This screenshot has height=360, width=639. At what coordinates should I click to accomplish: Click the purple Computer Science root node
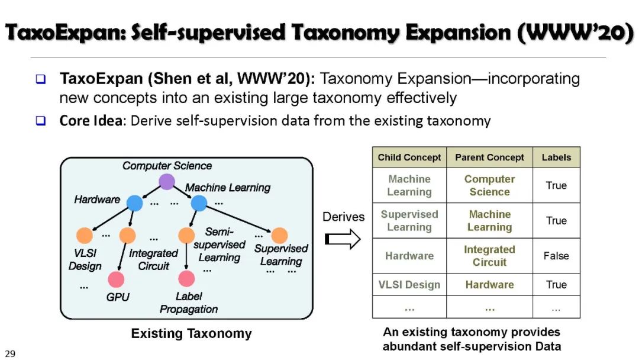(x=167, y=182)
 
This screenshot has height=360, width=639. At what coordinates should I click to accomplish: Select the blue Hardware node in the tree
(x=135, y=203)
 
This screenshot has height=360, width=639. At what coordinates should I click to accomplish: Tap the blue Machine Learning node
(x=199, y=203)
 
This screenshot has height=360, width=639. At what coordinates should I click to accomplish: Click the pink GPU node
(x=116, y=279)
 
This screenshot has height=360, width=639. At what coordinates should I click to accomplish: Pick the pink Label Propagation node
(x=186, y=278)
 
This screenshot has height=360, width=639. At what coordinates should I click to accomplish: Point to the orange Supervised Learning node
(x=279, y=235)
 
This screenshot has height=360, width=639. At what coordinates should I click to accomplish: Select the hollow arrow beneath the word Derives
(x=343, y=240)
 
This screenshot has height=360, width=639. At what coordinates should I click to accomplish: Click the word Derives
(x=343, y=217)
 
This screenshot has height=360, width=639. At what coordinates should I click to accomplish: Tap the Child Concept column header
(x=409, y=157)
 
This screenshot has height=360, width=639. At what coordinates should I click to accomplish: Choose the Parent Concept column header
(x=489, y=157)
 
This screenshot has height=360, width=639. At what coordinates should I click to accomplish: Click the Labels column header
(x=556, y=157)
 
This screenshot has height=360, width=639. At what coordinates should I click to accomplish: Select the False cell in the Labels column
(x=556, y=256)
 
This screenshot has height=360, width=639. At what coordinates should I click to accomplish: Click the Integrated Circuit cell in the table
(x=489, y=256)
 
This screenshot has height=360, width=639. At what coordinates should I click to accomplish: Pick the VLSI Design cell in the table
(x=409, y=285)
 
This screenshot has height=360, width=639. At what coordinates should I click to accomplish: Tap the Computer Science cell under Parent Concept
(x=489, y=185)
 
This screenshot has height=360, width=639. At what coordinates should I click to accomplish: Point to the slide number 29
(x=10, y=353)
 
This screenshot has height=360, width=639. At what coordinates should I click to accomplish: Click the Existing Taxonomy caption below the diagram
(x=191, y=334)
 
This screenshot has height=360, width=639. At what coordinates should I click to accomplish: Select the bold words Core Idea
(x=91, y=121)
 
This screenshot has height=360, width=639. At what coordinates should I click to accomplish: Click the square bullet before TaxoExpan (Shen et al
(x=40, y=79)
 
